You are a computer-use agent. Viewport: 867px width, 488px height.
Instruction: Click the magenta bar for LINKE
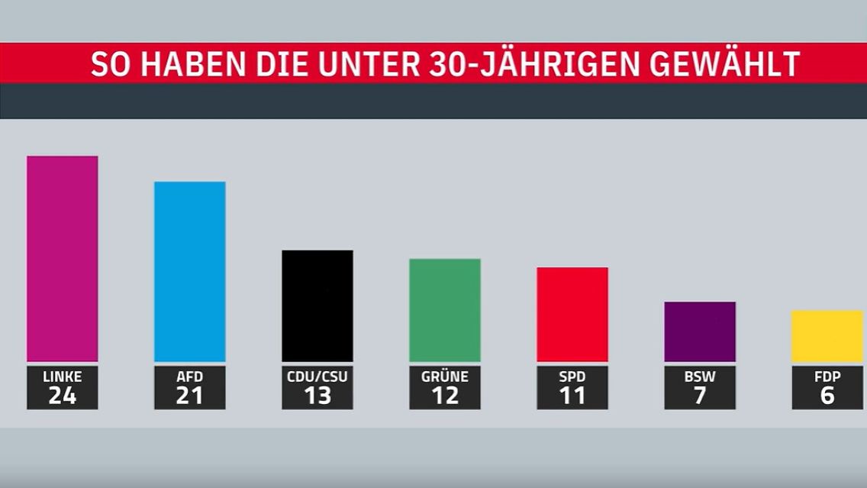click(62, 258)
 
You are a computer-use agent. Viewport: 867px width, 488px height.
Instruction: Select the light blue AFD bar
click(189, 271)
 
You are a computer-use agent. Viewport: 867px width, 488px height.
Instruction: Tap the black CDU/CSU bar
click(317, 305)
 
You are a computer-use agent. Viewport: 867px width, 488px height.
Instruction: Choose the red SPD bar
click(572, 314)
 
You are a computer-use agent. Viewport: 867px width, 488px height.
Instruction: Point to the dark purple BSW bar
click(699, 331)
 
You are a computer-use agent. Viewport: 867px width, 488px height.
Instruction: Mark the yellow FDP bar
click(827, 335)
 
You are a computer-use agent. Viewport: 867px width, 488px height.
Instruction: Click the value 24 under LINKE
click(62, 396)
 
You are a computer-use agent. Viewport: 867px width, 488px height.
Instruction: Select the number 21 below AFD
click(189, 396)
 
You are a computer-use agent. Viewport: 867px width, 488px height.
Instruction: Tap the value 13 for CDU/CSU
click(317, 396)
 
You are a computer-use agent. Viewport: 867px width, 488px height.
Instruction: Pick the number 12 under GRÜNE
click(444, 396)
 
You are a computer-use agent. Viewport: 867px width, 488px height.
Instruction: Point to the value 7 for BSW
click(699, 396)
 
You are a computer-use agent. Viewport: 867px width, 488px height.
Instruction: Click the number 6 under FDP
click(827, 396)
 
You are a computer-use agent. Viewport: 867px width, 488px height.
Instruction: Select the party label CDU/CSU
click(317, 377)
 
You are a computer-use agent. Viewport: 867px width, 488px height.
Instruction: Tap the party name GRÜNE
click(444, 377)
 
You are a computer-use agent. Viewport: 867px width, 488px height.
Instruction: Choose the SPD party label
click(572, 377)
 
